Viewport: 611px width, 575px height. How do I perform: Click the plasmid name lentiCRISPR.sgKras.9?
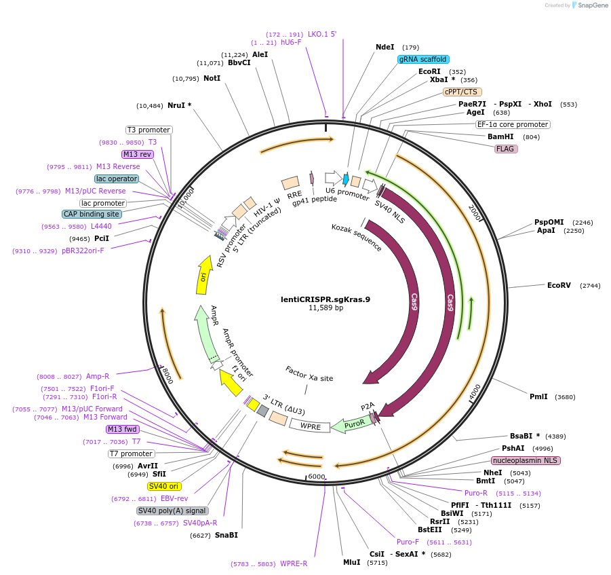pos(326,299)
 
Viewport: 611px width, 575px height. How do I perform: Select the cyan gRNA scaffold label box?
pos(422,59)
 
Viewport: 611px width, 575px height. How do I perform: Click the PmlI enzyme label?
pos(539,396)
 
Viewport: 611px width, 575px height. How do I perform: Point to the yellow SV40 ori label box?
pos(164,486)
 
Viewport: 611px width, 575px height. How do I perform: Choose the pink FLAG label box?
pos(505,149)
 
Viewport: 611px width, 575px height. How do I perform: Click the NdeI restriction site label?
pos(385,48)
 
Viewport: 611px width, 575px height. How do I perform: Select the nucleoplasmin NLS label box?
pos(526,460)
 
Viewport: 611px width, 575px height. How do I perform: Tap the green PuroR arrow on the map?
pos(351,425)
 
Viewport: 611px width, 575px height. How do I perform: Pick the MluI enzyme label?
pos(351,562)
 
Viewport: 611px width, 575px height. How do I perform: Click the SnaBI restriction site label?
pos(226,535)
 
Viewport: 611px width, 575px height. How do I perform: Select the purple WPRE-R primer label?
pos(294,563)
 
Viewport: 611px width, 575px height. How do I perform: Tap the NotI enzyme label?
pos(212,78)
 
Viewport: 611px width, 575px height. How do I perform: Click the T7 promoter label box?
pos(132,453)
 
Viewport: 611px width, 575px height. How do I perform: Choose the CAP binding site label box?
pos(92,214)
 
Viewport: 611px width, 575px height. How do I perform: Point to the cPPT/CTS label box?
pos(462,92)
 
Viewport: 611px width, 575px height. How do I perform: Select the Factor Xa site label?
pos(309,373)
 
